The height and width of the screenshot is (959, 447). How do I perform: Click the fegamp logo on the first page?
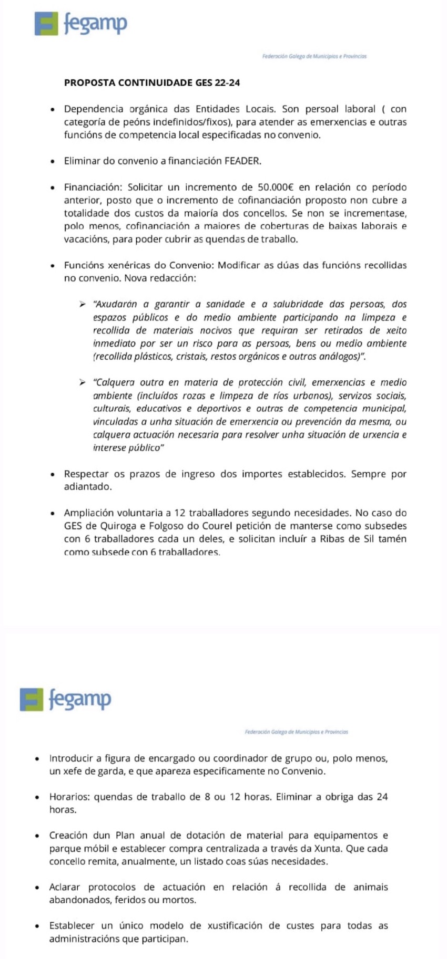pos(80,24)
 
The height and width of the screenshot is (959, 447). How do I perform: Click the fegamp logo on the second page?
pos(65,699)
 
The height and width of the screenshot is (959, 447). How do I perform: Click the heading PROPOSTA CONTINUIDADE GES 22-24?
pos(152,82)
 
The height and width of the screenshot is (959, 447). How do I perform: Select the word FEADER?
pos(242,161)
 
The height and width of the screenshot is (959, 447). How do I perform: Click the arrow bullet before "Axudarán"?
pos(83,304)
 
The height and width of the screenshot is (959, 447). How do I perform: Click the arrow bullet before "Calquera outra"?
pos(83,382)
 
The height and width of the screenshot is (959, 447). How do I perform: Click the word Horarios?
pos(69,797)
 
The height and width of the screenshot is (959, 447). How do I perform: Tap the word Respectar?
pos(87,474)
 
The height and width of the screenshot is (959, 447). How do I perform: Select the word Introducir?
pos(71,758)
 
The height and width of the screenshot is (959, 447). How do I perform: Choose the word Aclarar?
pos(65,887)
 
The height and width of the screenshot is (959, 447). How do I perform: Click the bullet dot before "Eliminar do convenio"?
pos(53,162)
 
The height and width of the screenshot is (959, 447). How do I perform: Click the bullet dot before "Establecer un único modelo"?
pos(37,926)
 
